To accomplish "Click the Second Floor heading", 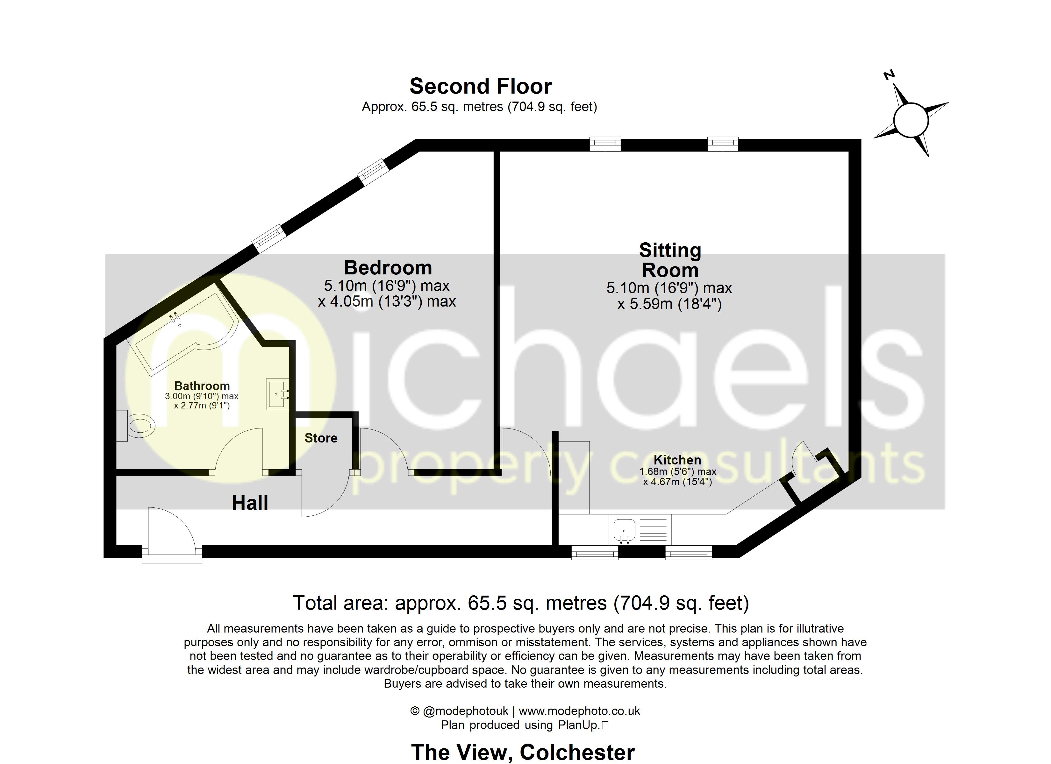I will (481, 87).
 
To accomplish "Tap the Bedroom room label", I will (388, 268).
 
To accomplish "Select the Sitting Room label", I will (670, 260).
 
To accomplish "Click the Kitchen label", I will (677, 460).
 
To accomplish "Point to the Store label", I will (321, 438).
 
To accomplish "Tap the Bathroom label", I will (202, 386).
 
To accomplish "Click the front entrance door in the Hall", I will (171, 533).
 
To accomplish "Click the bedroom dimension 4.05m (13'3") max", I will (387, 301).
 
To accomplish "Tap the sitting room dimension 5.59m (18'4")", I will (670, 304).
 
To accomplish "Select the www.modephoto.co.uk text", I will (579, 711).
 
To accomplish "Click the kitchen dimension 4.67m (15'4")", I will (677, 482).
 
